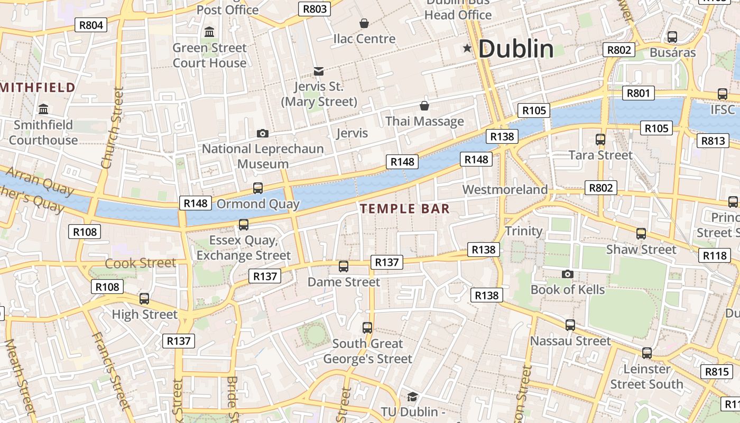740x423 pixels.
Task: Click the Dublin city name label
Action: coord(516,49)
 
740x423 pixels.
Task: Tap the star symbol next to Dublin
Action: coord(467,49)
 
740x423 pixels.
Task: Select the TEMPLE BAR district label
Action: coord(405,209)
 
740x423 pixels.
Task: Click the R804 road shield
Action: coord(91,25)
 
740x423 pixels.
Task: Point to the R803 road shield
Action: coord(315,9)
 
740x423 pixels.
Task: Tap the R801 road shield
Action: coord(638,94)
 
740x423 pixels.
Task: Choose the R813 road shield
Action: coord(713,141)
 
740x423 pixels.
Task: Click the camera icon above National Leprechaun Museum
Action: coord(262,134)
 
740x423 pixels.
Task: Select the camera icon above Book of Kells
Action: coord(568,274)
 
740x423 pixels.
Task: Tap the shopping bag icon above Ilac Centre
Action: coord(364,23)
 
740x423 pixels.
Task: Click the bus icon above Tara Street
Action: coord(600,140)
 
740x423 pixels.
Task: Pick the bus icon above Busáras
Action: coord(672,37)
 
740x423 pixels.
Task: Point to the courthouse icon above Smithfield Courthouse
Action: coord(43,109)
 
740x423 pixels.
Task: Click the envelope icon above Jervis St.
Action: coord(319,71)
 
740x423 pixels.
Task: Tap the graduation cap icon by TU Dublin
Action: coord(412,397)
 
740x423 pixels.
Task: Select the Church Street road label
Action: coord(112,128)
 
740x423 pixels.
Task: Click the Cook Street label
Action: coord(140,263)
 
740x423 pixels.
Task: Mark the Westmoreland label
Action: coord(505,189)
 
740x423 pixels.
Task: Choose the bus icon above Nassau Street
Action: coord(570,325)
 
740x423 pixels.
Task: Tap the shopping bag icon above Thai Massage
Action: coord(424,106)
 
